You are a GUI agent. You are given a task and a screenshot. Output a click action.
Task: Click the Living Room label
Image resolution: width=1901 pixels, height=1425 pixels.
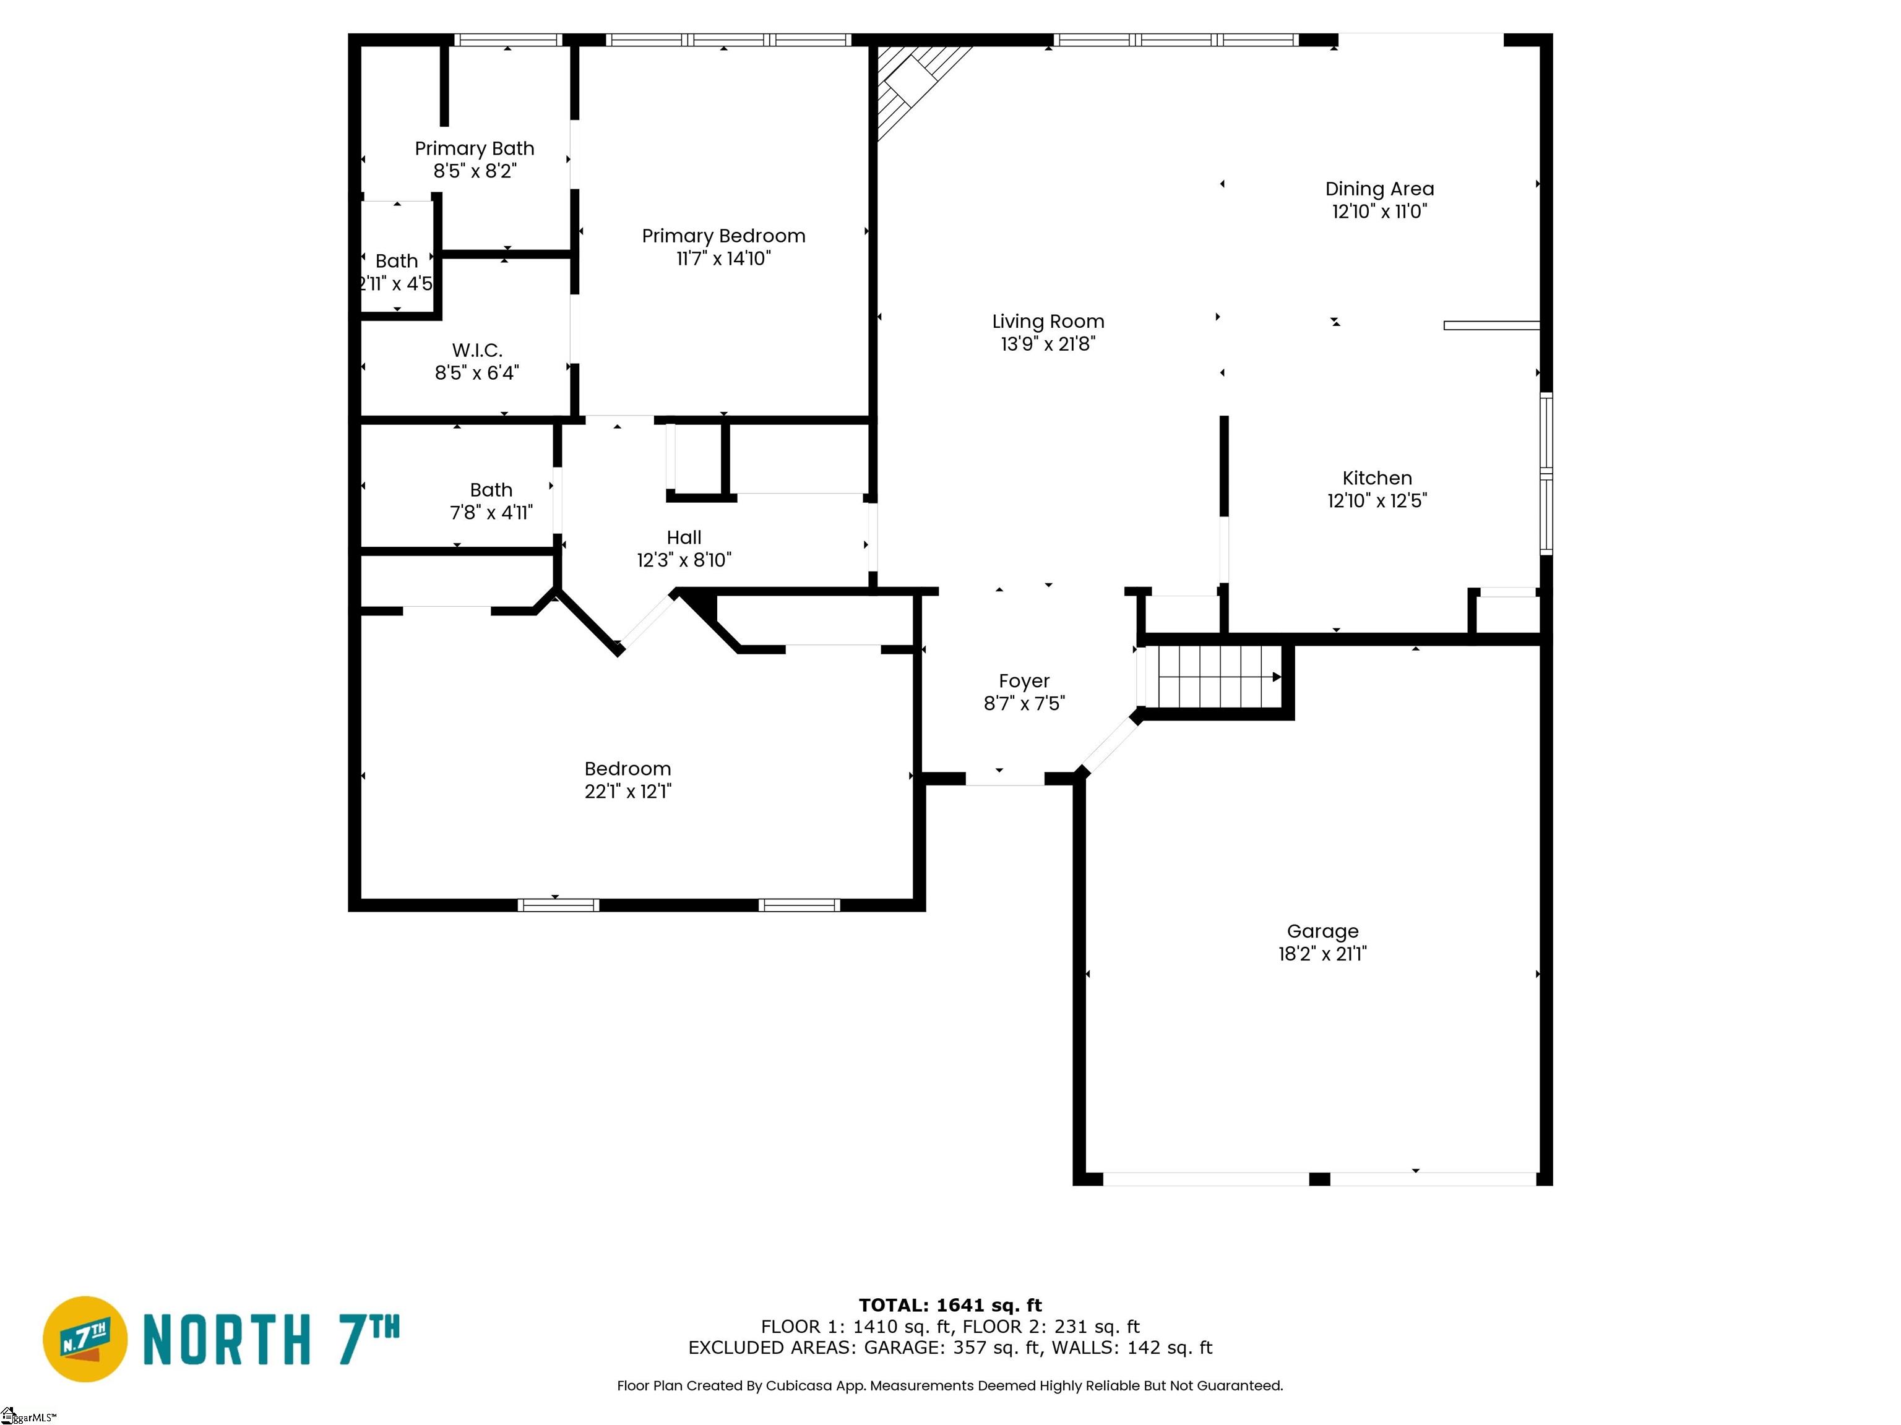[x=1048, y=321]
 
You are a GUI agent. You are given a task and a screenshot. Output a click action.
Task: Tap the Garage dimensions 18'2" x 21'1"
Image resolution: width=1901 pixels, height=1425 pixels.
[x=1322, y=954]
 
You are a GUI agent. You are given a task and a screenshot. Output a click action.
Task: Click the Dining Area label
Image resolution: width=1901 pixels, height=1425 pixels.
[x=1379, y=189]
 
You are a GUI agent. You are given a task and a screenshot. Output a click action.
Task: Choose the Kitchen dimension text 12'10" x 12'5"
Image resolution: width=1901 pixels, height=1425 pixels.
[x=1377, y=501]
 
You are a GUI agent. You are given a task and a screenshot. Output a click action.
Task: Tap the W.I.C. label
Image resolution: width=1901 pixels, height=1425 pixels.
[x=477, y=351]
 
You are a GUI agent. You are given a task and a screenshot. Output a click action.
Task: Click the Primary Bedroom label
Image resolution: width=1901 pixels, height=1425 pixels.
[x=723, y=236]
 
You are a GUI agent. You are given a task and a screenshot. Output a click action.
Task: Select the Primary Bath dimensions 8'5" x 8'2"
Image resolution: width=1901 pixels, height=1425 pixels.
[x=475, y=171]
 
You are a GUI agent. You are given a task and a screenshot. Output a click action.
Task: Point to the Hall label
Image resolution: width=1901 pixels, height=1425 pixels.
[x=683, y=537]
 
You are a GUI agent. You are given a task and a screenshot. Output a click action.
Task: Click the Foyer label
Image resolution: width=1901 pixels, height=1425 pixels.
[x=1024, y=681]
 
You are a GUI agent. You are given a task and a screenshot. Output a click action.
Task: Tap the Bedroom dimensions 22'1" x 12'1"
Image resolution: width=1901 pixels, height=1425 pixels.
[x=627, y=792]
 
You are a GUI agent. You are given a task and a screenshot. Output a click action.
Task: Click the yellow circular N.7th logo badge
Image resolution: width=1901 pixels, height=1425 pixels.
[x=85, y=1339]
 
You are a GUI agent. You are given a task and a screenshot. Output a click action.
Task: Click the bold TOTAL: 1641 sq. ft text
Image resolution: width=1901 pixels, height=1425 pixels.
[x=950, y=1306]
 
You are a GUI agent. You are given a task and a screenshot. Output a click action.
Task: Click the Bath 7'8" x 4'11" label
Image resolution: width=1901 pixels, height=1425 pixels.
[x=491, y=502]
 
